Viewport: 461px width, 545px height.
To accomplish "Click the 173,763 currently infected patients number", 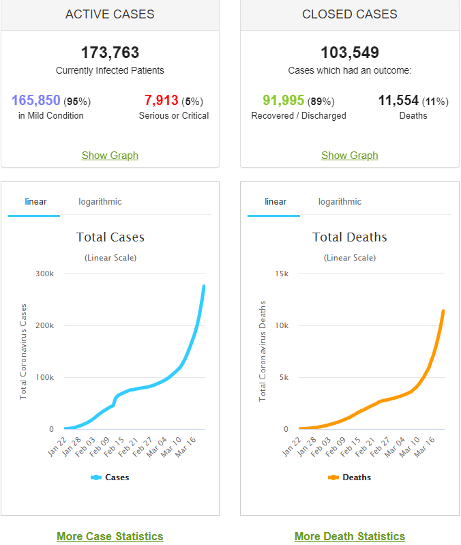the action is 110,53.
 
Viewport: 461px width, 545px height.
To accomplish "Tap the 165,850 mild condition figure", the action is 36,100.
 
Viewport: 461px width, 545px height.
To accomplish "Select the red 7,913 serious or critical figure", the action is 161,100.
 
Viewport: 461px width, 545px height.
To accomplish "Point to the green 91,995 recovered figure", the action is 283,100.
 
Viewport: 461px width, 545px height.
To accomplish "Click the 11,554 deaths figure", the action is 398,100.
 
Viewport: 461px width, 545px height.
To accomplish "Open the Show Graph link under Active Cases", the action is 110,156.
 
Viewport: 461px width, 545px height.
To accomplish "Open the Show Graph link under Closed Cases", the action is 349,156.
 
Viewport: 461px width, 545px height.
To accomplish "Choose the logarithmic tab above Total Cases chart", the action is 100,202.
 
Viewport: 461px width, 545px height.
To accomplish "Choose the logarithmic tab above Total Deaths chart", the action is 340,202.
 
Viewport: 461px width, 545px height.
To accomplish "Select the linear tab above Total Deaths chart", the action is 276,202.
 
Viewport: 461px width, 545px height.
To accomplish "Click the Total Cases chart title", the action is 110,237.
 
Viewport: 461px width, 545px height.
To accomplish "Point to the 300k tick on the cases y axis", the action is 44,274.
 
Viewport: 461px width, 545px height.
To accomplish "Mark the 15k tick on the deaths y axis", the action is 282,274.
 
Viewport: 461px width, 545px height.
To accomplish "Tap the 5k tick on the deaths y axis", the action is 284,377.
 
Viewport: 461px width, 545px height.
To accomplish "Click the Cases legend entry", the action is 110,477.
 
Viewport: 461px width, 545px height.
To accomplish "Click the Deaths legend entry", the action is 349,477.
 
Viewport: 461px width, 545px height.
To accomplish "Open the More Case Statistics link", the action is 110,536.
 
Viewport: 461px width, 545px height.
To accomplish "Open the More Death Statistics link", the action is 350,536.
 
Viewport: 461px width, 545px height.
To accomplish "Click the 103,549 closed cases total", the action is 350,53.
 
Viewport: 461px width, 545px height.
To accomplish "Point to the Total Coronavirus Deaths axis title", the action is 263,351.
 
